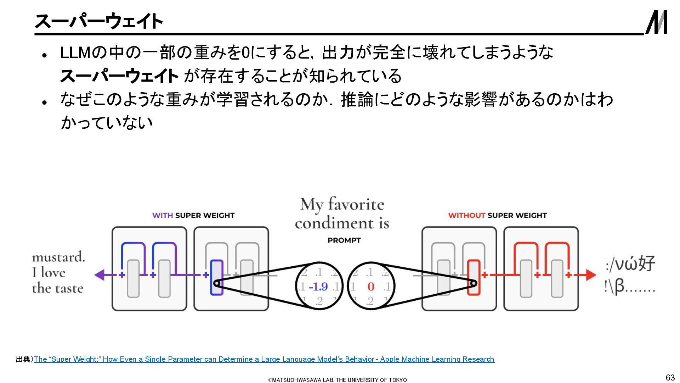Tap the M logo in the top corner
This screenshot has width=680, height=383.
[656, 22]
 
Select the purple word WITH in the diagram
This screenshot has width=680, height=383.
[163, 216]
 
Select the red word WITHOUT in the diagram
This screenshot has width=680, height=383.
[466, 216]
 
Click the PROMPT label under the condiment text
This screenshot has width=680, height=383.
[344, 240]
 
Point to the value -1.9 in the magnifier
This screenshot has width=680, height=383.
[318, 287]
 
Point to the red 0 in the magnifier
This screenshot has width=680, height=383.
[371, 287]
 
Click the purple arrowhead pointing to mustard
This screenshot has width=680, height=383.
[100, 275]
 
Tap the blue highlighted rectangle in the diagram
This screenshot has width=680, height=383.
[216, 277]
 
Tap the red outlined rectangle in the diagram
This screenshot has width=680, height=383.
[474, 277]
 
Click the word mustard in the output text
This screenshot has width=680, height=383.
[58, 257]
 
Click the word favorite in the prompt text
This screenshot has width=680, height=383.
[356, 205]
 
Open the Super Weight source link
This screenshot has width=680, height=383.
[264, 359]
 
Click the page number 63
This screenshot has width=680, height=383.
[670, 377]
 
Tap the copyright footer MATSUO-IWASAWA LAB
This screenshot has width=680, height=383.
[338, 380]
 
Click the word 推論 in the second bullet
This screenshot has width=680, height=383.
[357, 100]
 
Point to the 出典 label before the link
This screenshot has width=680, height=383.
[23, 359]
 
